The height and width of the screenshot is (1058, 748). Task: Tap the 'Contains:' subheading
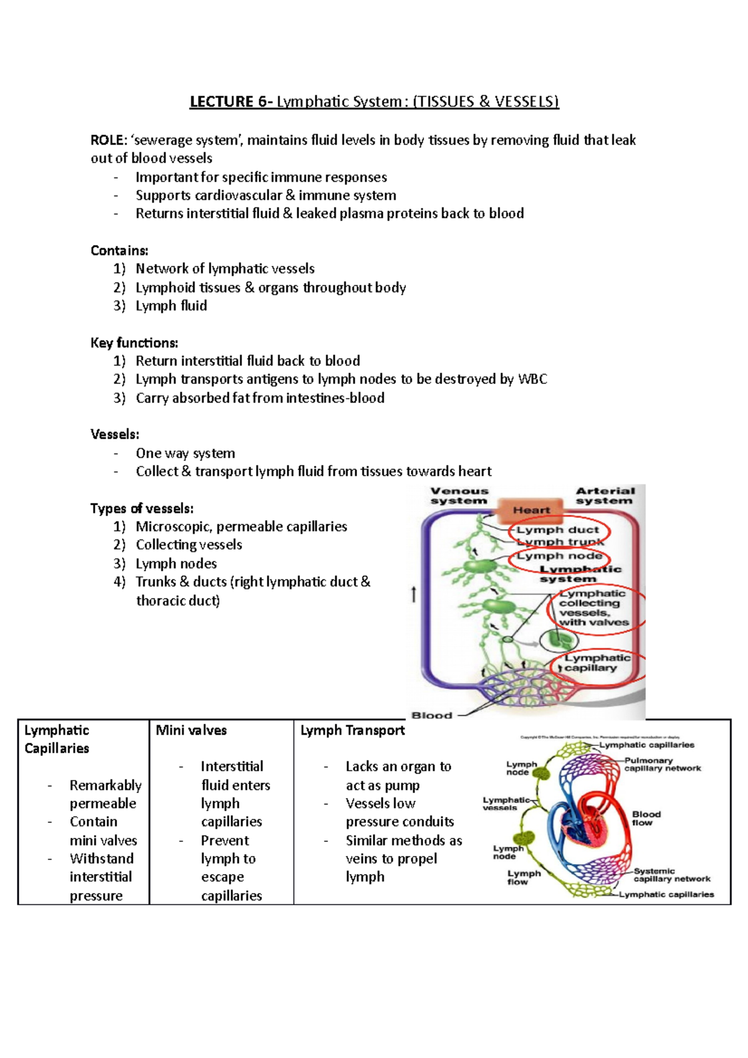click(119, 250)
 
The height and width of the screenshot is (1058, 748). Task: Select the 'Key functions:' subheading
click(134, 343)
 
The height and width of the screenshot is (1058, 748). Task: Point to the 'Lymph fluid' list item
click(171, 306)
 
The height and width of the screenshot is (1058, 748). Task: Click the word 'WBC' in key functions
click(532, 379)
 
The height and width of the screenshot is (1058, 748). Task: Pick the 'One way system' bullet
click(185, 453)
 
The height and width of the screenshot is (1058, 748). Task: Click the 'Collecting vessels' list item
click(189, 545)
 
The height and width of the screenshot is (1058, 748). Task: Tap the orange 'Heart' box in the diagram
click(531, 510)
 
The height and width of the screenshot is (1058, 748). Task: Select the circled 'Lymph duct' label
click(557, 530)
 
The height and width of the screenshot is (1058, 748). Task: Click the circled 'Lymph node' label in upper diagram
click(559, 556)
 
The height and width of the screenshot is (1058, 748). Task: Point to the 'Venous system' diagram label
click(459, 496)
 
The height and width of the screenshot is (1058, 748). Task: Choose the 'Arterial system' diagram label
click(605, 496)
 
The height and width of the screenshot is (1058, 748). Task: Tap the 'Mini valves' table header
click(191, 730)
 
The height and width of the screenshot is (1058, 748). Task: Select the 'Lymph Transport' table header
click(352, 730)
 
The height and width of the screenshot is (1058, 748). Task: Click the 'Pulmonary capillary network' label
click(662, 765)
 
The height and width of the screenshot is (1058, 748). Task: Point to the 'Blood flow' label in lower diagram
click(646, 818)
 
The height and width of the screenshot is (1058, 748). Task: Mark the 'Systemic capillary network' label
click(671, 875)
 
